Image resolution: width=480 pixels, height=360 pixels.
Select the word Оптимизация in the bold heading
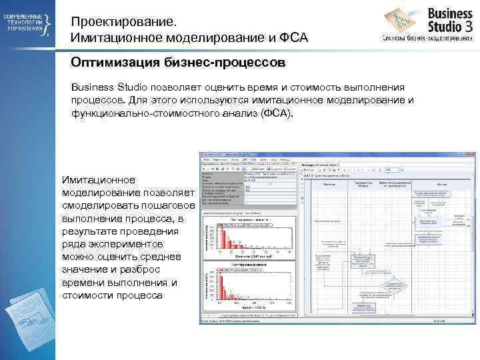click(109, 62)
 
